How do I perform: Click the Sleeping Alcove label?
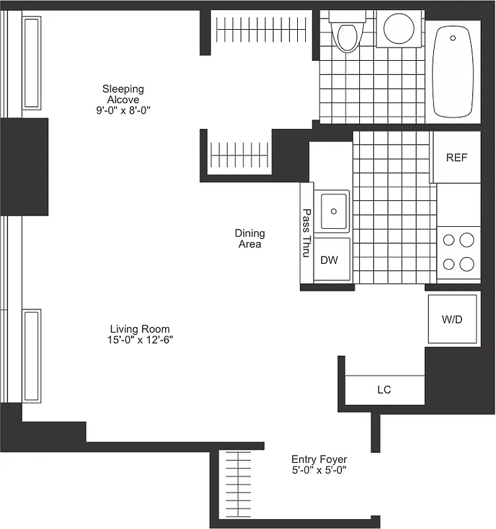coord(123,94)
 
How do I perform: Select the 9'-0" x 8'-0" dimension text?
coord(123,111)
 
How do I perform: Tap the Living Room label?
coord(139,329)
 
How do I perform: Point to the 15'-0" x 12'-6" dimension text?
coord(139,340)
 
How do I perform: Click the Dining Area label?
coord(250,238)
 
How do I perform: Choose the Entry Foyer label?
coord(319,459)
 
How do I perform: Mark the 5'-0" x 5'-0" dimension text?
coord(319,470)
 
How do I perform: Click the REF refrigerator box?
coord(456,157)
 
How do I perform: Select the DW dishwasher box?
coord(329,260)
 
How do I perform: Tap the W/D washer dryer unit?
coord(452,319)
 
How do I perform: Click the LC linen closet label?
coord(384,389)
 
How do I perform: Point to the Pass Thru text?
coord(306,233)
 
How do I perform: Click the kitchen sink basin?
coord(332,211)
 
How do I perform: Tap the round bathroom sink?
coord(399,28)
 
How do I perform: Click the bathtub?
coord(452,71)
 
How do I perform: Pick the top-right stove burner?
coord(468,240)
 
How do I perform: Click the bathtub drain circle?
coord(453,38)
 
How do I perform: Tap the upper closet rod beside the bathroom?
coord(262,28)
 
